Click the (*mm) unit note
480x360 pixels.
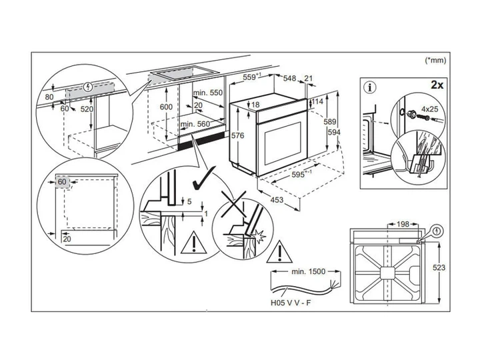435,60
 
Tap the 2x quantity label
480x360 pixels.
437,85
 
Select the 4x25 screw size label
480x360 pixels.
429,109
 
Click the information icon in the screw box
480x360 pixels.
370,87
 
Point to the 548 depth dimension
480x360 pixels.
289,79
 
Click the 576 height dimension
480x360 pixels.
238,135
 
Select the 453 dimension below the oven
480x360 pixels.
277,200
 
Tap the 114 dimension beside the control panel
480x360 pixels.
317,101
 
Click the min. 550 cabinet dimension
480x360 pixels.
208,93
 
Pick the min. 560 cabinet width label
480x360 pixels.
195,124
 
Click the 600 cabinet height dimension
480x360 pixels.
166,107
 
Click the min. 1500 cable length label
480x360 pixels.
308,271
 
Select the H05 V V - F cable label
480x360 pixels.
291,303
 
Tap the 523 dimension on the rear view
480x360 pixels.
439,267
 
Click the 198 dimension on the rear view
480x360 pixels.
403,224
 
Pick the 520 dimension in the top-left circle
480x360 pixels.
87,109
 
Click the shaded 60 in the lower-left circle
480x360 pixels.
62,182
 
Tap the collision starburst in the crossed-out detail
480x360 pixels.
259,236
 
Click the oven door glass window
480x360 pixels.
283,143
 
